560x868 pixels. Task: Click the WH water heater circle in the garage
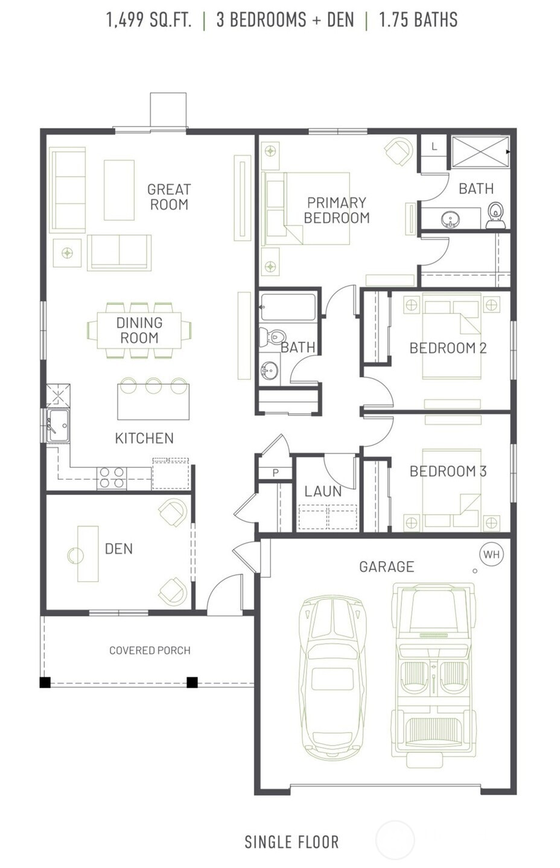click(x=492, y=554)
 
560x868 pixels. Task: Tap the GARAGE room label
click(x=387, y=567)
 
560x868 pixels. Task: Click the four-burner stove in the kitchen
click(x=112, y=477)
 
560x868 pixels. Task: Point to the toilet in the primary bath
click(x=495, y=215)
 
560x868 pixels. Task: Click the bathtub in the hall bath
click(x=288, y=307)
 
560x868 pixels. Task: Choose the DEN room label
click(x=119, y=549)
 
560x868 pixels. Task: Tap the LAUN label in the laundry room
click(x=323, y=491)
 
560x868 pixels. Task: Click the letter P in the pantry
click(x=276, y=473)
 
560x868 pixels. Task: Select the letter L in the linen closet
click(x=434, y=146)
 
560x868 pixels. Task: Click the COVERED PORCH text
click(x=150, y=650)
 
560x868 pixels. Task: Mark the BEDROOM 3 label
click(x=448, y=471)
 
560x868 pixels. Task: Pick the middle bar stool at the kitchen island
click(x=153, y=386)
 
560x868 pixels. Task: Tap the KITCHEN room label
click(x=144, y=438)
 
